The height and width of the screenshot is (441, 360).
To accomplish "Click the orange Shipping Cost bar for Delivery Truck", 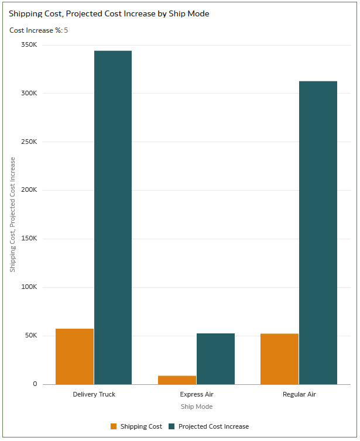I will point(74,356).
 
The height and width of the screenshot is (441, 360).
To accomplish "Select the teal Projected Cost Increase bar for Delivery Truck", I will point(113,218).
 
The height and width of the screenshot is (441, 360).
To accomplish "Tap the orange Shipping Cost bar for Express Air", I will point(177,380).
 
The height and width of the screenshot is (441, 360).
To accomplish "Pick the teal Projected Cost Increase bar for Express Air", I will point(215,359).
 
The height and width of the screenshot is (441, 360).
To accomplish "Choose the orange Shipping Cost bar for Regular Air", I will point(279,359).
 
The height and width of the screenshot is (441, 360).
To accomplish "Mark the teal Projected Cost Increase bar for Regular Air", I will point(318,233).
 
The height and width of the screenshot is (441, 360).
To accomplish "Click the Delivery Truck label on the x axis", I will point(94,394).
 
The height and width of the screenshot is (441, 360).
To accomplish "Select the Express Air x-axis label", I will point(197,394).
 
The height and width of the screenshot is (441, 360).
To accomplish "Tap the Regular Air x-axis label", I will point(299,394).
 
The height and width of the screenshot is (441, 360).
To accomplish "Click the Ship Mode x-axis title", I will point(197,406).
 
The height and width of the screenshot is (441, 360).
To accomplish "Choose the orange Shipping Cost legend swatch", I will point(114,426).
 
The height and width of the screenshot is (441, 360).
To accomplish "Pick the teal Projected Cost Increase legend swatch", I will point(172,426).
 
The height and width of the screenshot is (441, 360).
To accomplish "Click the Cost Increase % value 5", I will point(66,30).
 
